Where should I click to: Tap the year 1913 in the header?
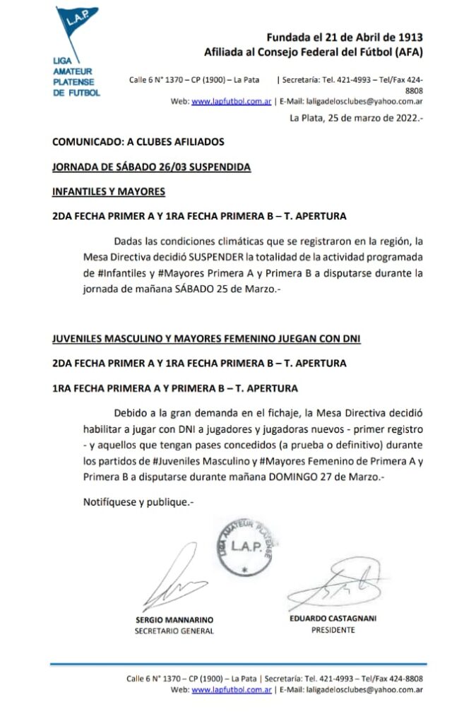[410, 37]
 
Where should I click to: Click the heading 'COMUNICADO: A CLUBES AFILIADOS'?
[138, 142]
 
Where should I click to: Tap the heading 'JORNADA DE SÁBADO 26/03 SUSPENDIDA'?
[152, 167]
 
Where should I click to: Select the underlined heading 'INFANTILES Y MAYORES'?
[109, 191]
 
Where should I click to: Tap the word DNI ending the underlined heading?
[350, 339]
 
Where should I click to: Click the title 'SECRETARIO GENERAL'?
[174, 631]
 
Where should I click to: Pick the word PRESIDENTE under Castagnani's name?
[333, 630]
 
